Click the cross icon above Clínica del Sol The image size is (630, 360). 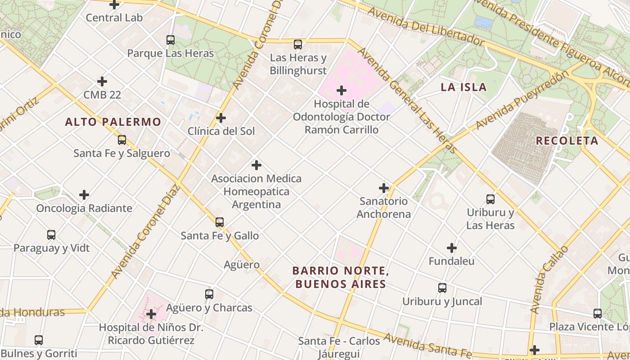click(x=220, y=118)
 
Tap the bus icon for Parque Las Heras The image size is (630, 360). click(x=171, y=40)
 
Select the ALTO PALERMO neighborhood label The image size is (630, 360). click(x=113, y=122)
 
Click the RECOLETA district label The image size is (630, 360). click(x=567, y=141)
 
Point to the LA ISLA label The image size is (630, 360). click(x=463, y=87)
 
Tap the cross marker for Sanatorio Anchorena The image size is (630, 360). click(x=384, y=188)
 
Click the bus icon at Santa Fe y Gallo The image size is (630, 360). click(x=220, y=222)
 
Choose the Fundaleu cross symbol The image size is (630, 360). click(x=452, y=248)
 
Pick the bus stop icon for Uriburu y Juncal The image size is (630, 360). click(x=442, y=288)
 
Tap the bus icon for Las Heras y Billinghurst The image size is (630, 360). click(x=298, y=45)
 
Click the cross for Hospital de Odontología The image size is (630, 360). click(x=342, y=90)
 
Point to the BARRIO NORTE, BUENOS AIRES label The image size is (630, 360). click(x=341, y=277)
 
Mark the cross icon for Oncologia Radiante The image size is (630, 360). click(x=84, y=195)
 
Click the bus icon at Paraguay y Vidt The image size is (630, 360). click(x=51, y=235)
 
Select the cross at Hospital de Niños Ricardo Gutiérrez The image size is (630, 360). click(x=151, y=314)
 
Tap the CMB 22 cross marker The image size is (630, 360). click(x=102, y=81)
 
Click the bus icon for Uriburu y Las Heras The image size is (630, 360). click(x=490, y=199)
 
